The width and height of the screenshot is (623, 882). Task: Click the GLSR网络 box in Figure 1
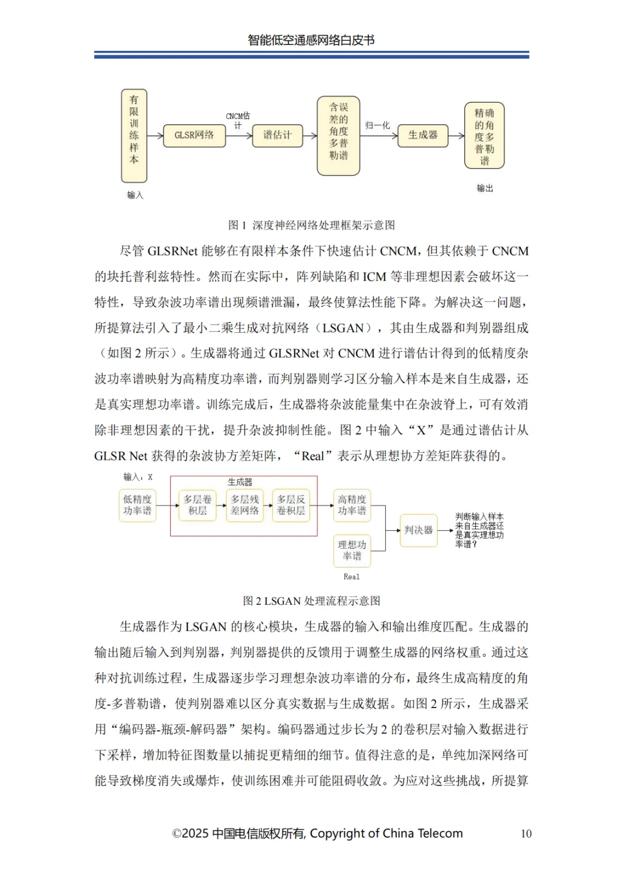point(194,135)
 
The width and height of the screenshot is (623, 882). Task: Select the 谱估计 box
point(277,135)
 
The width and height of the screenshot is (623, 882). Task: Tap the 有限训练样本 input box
point(134,136)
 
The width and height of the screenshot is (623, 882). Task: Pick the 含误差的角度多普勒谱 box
point(339,136)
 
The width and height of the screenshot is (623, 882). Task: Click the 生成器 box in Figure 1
point(423,135)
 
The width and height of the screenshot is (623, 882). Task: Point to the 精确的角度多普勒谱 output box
point(485,136)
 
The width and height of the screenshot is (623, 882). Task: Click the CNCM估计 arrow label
point(238,120)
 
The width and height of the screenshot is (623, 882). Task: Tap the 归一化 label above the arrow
point(378,125)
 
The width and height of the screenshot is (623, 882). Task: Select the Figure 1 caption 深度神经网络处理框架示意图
point(311,225)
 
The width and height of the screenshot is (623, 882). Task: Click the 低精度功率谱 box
point(137,505)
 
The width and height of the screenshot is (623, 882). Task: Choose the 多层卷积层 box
point(197,505)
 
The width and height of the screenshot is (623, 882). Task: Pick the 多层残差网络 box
point(245,505)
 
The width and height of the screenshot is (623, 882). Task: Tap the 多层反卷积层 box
point(291,505)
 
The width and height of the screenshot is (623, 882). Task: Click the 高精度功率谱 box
point(352,505)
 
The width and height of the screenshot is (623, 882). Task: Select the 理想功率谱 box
point(352,550)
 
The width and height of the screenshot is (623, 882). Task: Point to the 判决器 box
point(418,530)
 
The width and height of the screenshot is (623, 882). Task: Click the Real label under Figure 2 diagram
point(351,576)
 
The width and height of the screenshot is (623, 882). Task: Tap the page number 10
point(526,833)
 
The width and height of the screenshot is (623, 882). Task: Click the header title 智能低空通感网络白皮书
point(311,40)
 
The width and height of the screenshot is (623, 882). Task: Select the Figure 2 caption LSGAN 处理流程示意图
point(311,601)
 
